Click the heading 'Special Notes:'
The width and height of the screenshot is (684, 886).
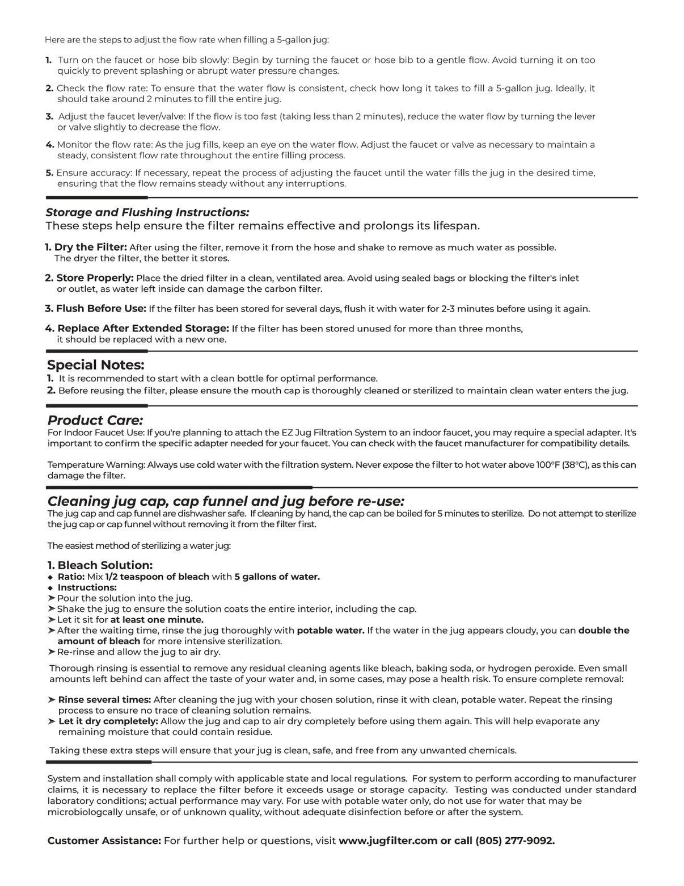(x=95, y=365)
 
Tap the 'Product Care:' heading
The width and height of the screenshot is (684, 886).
(x=95, y=421)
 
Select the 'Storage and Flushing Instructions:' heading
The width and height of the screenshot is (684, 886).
(x=147, y=212)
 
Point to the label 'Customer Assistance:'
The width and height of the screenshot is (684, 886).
(x=104, y=841)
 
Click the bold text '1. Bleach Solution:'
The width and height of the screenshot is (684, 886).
(x=100, y=565)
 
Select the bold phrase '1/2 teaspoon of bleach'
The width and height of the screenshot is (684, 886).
(x=157, y=577)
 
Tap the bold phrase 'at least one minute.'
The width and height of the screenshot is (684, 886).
(x=157, y=620)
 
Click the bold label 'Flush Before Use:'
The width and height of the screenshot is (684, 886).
(x=101, y=309)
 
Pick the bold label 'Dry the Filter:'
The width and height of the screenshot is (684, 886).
(x=91, y=247)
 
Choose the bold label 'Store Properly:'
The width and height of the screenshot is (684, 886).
(x=95, y=278)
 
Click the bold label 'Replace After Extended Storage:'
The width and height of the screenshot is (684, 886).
(x=143, y=329)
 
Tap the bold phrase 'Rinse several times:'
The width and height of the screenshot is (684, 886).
(x=104, y=700)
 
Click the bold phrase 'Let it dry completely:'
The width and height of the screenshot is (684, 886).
(x=108, y=721)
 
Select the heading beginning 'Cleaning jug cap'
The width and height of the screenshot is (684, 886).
(x=226, y=501)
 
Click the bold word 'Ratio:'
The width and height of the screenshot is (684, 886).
(x=71, y=577)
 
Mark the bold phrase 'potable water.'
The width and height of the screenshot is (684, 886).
(x=331, y=631)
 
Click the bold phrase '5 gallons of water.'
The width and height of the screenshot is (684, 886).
(x=277, y=577)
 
